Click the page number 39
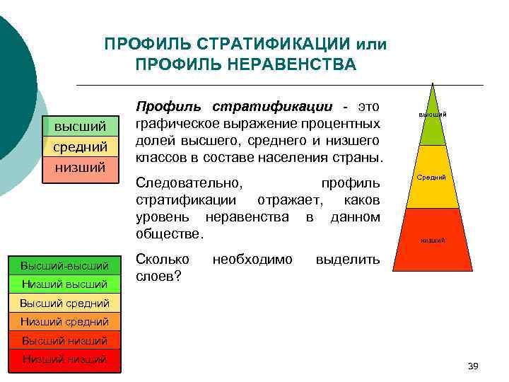(473, 365)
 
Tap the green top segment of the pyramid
(432, 120)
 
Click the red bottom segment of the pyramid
(432, 241)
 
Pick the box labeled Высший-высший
(65, 266)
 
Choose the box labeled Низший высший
(65, 284)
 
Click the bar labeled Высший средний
(65, 303)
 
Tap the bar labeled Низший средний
(65, 322)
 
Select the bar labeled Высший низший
(65, 340)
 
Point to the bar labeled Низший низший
(65, 359)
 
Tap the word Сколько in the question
(162, 260)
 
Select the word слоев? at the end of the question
(158, 277)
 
